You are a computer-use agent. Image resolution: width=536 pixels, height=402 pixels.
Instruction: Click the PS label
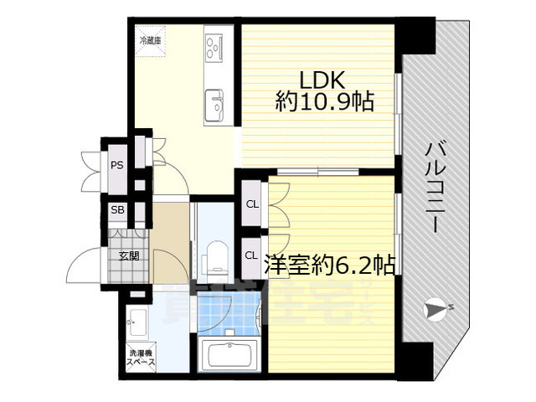tap(117, 165)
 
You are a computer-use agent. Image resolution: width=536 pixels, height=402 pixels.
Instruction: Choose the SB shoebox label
tap(117, 209)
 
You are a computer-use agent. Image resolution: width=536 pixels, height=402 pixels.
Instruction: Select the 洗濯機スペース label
tap(140, 358)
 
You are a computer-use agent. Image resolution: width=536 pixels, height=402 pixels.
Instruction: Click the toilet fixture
tap(216, 256)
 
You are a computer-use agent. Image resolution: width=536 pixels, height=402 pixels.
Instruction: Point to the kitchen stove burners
tap(213, 47)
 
